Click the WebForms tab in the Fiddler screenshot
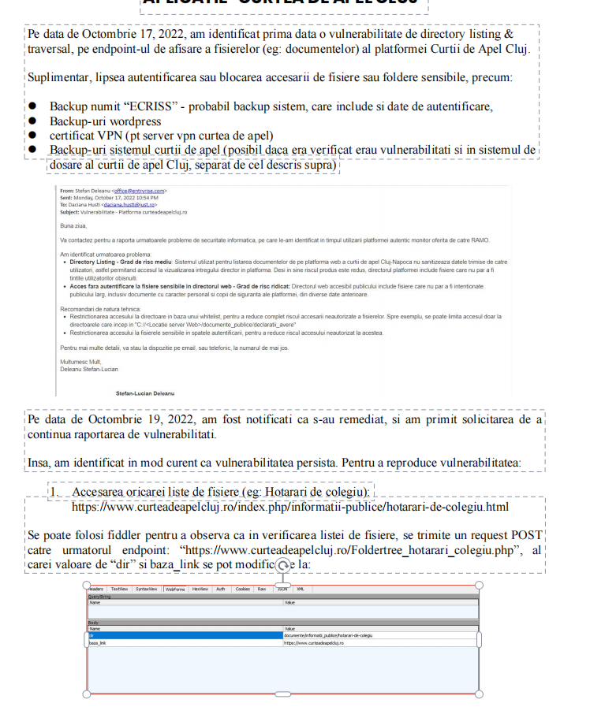pos(174,589)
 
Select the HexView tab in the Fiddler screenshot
pos(200,589)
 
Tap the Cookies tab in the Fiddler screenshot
pos(243,589)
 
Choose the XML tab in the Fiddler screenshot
pos(300,589)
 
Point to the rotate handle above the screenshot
pos(282,566)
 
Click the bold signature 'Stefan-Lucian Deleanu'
pos(145,392)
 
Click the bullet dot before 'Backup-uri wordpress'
pos(33,121)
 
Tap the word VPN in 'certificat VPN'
pos(108,135)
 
